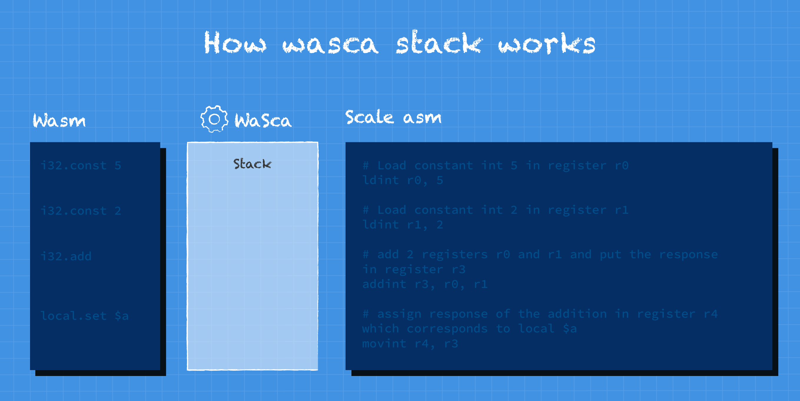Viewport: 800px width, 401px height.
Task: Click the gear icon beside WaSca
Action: click(214, 119)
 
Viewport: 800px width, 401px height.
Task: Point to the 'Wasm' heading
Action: click(59, 120)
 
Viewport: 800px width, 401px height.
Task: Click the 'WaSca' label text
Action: click(263, 120)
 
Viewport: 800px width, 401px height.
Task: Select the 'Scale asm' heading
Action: click(393, 117)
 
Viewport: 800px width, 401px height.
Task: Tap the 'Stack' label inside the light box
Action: click(252, 164)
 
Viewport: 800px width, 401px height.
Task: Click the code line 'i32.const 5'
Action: click(81, 165)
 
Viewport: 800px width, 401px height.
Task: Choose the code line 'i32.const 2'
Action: click(81, 211)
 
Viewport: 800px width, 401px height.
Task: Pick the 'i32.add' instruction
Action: click(66, 256)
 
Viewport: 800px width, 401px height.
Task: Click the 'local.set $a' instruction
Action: click(84, 316)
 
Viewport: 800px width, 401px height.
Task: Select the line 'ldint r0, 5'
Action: click(403, 180)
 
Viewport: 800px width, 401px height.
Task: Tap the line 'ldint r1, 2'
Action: click(403, 225)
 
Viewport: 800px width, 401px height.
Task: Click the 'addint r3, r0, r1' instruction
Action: click(425, 284)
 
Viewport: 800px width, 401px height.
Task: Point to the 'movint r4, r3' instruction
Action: click(410, 344)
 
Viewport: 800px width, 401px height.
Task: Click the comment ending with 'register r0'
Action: click(496, 165)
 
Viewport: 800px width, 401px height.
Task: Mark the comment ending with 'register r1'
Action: click(496, 210)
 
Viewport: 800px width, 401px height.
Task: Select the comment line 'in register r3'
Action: click(414, 269)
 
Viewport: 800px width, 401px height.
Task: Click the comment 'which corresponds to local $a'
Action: click(469, 329)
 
